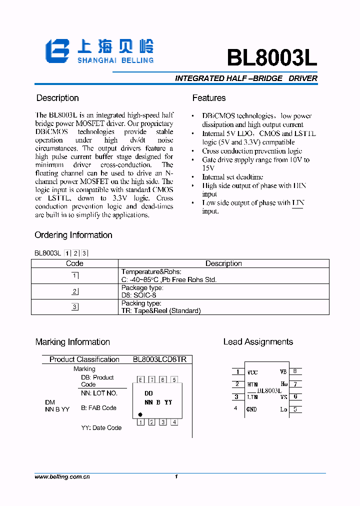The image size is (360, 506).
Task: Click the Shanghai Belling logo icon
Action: point(57,51)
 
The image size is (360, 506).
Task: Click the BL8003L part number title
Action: point(271,58)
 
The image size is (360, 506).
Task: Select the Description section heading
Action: point(57,98)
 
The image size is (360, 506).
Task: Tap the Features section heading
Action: point(209,98)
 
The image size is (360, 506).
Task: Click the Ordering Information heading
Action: point(73,235)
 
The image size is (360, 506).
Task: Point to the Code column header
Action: point(74,263)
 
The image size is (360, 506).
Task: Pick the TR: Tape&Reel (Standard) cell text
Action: point(160,310)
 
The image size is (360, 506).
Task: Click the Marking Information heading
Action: point(72,342)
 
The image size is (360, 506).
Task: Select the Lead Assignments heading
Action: point(258,342)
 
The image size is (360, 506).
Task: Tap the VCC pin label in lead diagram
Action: point(252,372)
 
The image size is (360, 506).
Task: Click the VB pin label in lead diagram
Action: point(283,371)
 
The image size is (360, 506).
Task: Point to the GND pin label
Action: point(251,409)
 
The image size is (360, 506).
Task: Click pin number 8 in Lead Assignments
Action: point(295,371)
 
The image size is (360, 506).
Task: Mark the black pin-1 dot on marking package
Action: point(140,414)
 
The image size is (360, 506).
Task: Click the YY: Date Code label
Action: point(101,428)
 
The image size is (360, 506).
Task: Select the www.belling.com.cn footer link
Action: point(62,477)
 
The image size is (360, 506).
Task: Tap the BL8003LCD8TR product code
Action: point(159,359)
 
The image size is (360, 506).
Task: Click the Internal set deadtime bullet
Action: point(232,177)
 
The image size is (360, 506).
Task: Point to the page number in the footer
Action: point(176,477)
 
